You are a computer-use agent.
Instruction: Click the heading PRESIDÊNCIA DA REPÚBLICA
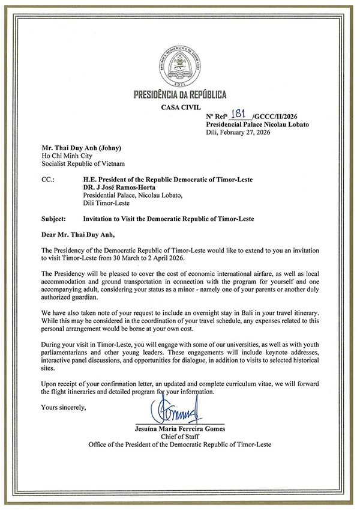pyautogui.click(x=179, y=95)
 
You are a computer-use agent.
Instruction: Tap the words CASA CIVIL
pyautogui.click(x=179, y=108)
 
